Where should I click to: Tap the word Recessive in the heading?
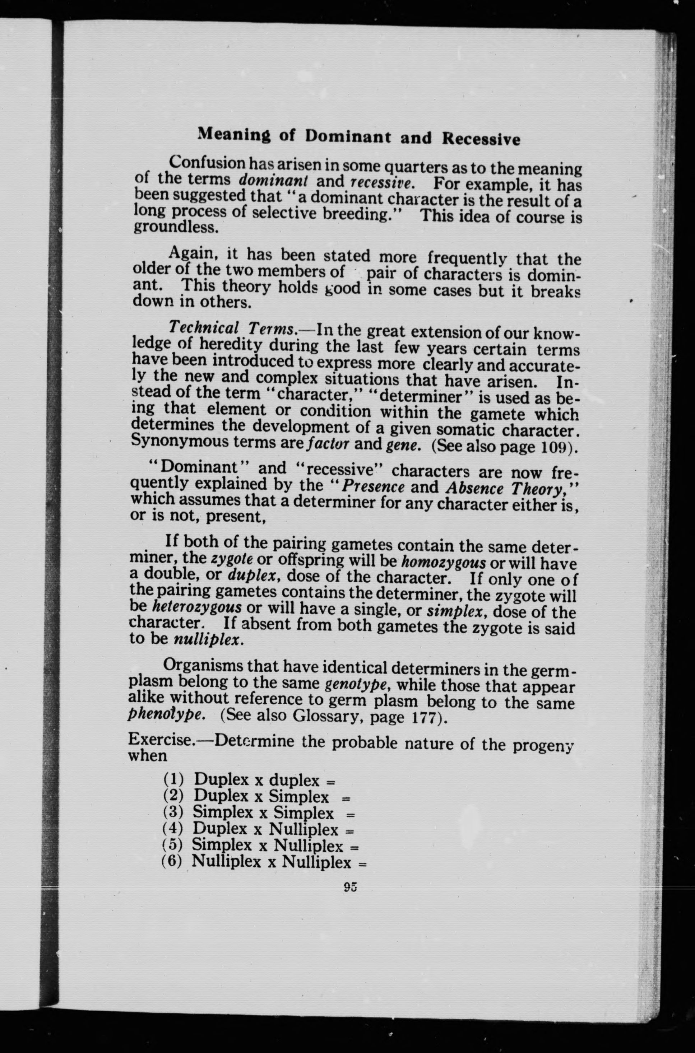[481, 139]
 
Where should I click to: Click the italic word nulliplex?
[208, 640]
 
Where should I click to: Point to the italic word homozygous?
[443, 562]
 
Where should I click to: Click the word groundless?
[176, 227]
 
